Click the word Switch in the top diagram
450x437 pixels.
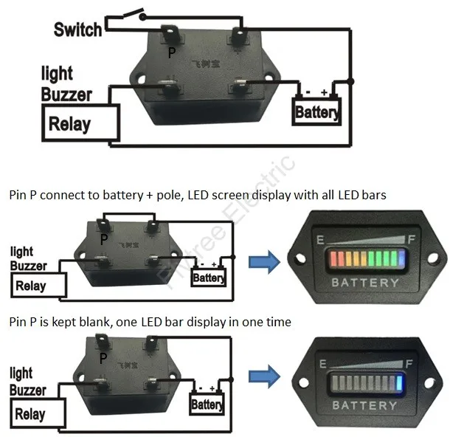[x=77, y=30]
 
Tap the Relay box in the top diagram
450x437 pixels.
[x=70, y=123]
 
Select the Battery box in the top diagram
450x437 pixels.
[x=316, y=113]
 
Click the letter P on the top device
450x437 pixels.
[x=172, y=54]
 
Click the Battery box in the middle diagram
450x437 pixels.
[x=208, y=278]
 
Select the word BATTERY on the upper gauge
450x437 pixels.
[x=365, y=282]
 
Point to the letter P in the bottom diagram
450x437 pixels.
[x=104, y=358]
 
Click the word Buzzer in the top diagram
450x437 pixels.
[x=66, y=94]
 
